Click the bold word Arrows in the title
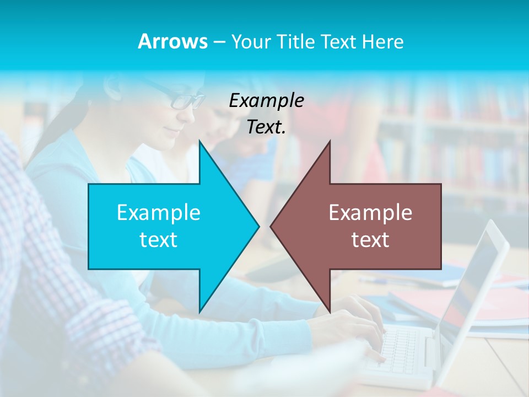click(172, 41)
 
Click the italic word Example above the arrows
click(266, 100)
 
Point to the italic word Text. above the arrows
click(266, 127)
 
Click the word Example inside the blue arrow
click(159, 212)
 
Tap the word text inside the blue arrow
click(159, 239)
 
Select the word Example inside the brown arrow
click(370, 212)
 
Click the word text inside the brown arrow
click(370, 239)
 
